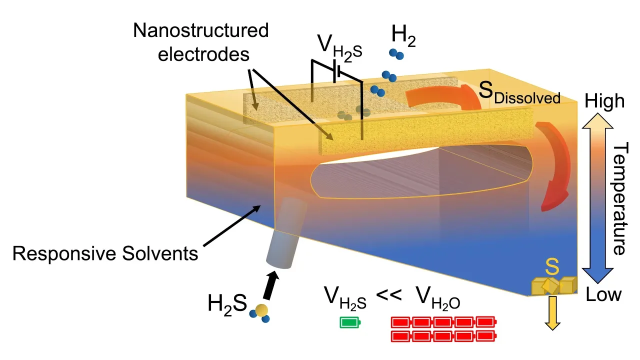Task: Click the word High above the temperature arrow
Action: (604, 102)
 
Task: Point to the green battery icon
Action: (350, 323)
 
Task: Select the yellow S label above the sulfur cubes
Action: (551, 268)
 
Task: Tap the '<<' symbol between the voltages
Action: (389, 295)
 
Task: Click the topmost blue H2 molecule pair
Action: (396, 53)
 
